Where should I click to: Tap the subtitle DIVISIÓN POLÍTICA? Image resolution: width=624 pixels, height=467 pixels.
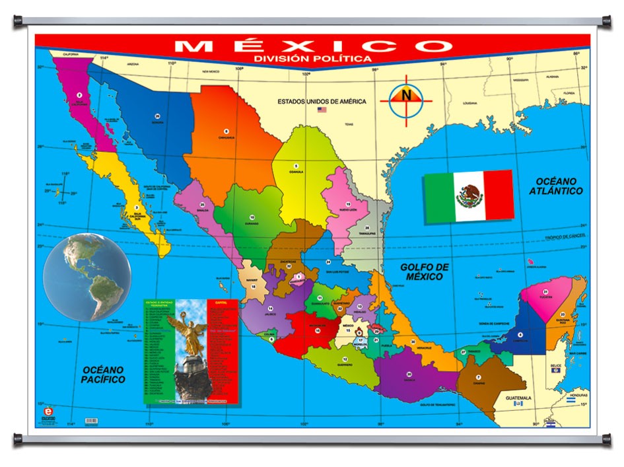[312, 58]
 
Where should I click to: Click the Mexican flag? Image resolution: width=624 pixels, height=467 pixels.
[468, 196]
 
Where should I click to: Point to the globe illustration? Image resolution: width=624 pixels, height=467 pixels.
[87, 276]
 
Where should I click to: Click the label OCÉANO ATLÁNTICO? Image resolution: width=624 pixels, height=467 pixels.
[555, 186]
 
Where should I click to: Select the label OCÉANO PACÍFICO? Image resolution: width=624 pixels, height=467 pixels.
[103, 375]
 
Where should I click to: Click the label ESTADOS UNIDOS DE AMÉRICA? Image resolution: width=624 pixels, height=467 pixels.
[322, 101]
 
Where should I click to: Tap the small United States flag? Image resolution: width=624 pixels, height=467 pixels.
[322, 110]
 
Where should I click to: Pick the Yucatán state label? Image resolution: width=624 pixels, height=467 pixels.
[545, 297]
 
